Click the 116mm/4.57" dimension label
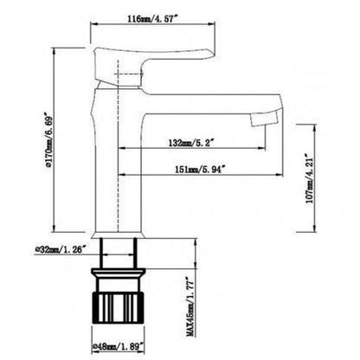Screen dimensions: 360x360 tap(145, 17)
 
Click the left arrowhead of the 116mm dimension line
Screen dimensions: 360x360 tap(94, 25)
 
